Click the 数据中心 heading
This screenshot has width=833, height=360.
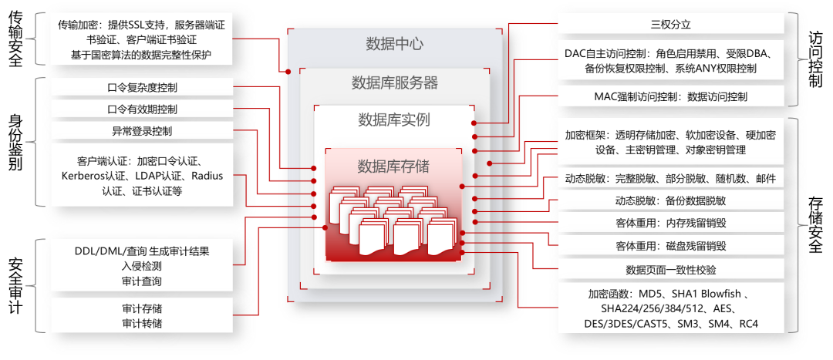point(394,43)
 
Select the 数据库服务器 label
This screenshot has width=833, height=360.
point(394,82)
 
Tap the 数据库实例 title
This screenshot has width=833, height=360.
point(394,119)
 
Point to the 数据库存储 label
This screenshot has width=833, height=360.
point(393,166)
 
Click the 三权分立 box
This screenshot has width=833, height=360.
point(670,25)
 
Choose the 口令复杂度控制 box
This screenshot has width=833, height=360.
point(142,88)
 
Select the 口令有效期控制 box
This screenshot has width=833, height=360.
point(142,109)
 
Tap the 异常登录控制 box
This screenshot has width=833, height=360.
point(142,131)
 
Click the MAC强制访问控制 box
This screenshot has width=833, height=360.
point(670,97)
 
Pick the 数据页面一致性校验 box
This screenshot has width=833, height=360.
point(670,270)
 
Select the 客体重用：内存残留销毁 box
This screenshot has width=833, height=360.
point(670,224)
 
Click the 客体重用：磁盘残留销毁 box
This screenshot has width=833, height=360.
point(670,247)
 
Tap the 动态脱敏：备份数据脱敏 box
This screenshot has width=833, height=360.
point(670,200)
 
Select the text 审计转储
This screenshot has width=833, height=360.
point(142,323)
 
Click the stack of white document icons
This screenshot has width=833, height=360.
point(393,220)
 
